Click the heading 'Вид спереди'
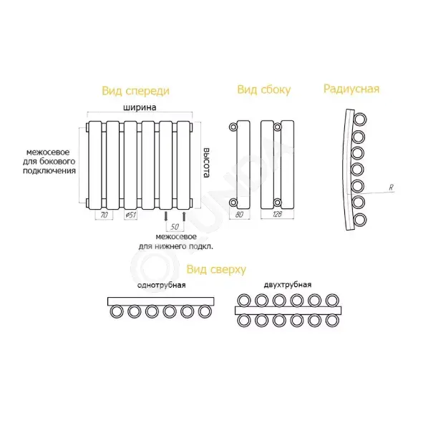[136, 91]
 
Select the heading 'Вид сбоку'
[264, 89]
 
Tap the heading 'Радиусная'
[351, 89]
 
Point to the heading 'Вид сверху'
[216, 269]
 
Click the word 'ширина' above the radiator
[140, 107]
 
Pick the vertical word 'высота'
[206, 162]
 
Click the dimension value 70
[104, 215]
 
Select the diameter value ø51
[130, 215]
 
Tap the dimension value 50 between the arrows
[175, 227]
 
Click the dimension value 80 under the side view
[239, 215]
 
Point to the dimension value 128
[277, 214]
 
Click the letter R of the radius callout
[391, 188]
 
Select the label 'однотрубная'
[161, 285]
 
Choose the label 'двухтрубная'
[288, 285]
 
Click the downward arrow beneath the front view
[165, 217]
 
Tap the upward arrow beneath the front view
[184, 217]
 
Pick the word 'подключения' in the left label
[49, 171]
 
